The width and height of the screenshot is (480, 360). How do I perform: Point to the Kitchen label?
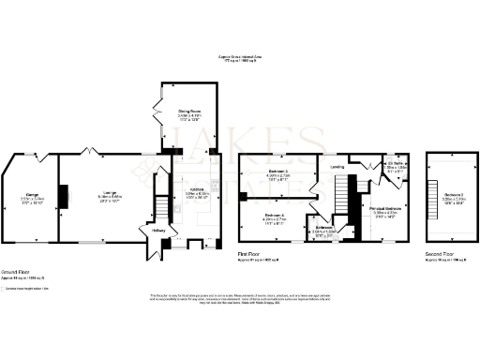tap(196, 194)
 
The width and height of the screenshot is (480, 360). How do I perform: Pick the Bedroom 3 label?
tap(277, 172)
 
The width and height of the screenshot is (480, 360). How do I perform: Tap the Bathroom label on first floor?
tap(324, 228)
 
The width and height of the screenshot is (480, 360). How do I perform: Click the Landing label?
tap(337, 168)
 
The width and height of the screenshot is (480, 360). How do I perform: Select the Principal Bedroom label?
tap(386, 207)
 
